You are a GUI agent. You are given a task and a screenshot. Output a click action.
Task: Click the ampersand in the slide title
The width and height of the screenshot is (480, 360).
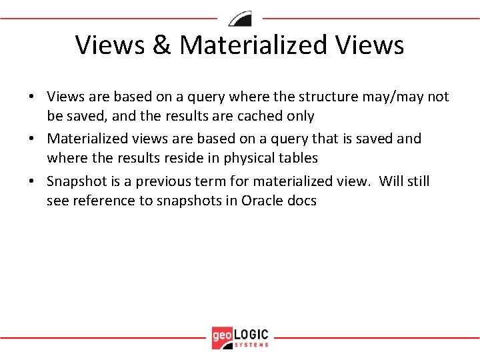tap(163, 45)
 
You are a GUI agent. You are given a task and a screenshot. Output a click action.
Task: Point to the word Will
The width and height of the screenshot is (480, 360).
tap(393, 181)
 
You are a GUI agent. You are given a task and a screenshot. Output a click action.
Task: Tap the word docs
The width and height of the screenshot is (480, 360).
tap(301, 201)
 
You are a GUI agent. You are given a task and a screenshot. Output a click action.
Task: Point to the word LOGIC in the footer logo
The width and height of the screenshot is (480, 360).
tap(251, 333)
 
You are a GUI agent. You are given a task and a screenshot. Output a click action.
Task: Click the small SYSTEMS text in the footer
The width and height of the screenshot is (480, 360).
tap(252, 345)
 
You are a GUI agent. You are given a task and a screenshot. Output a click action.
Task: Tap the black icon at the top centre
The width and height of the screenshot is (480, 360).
tap(240, 18)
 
